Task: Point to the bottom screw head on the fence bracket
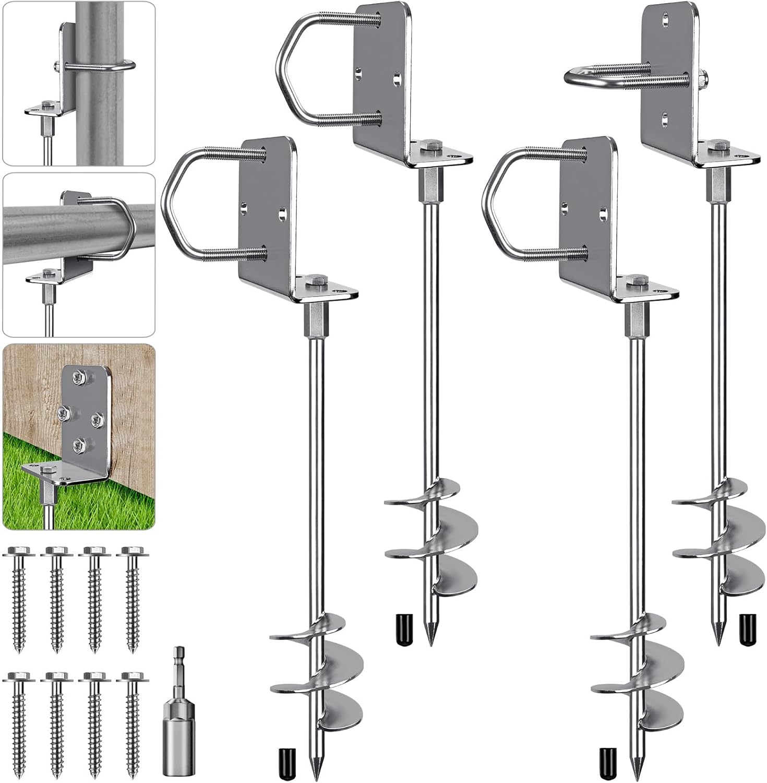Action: click(x=79, y=444)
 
